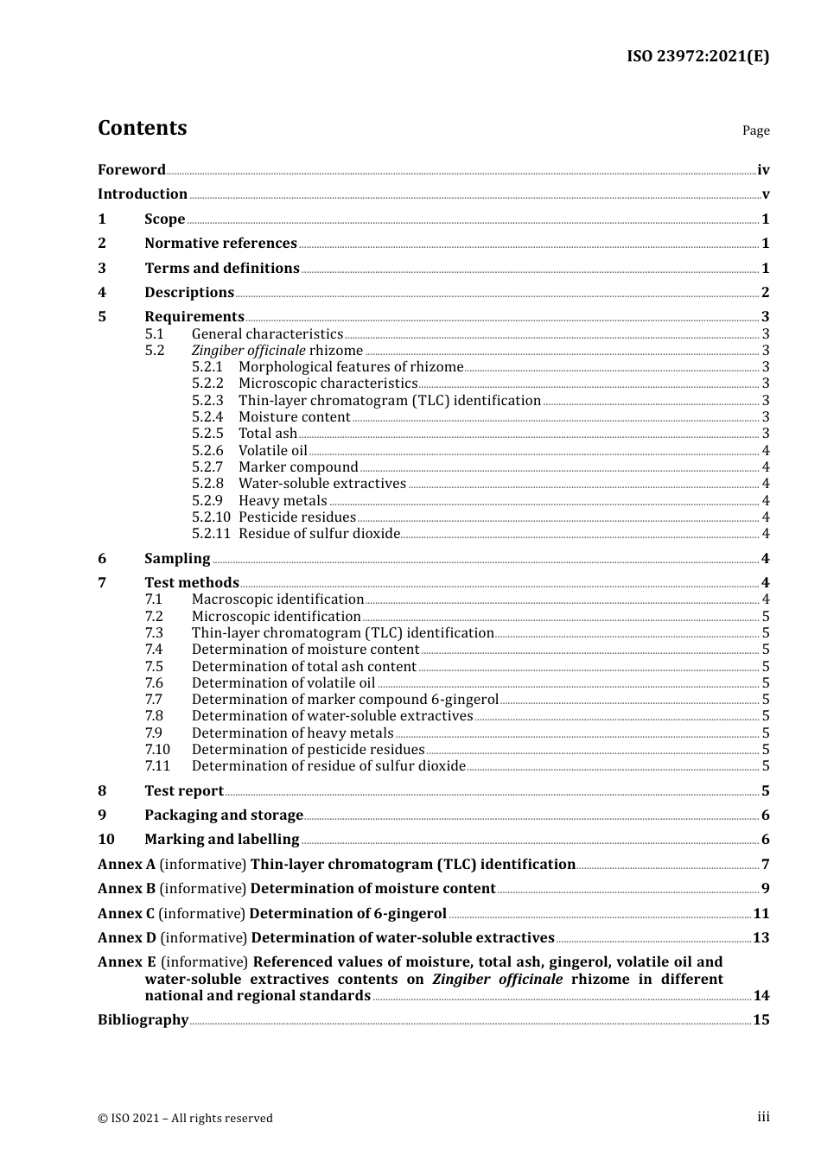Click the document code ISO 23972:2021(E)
point(697,57)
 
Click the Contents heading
point(142,128)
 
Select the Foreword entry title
point(131,170)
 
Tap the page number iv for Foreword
point(762,170)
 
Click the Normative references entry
point(220,244)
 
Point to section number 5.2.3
point(207,401)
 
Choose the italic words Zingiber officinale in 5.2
point(248,351)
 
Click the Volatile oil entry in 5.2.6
point(272,451)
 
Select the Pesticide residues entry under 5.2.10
point(296,517)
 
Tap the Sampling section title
point(177,559)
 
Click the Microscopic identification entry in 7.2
point(276,617)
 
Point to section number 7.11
point(157,766)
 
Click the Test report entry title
point(183,791)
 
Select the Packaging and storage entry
point(223,815)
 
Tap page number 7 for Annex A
point(765,865)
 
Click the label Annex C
point(126,914)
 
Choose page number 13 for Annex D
point(761,938)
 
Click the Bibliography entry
point(143,1020)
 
